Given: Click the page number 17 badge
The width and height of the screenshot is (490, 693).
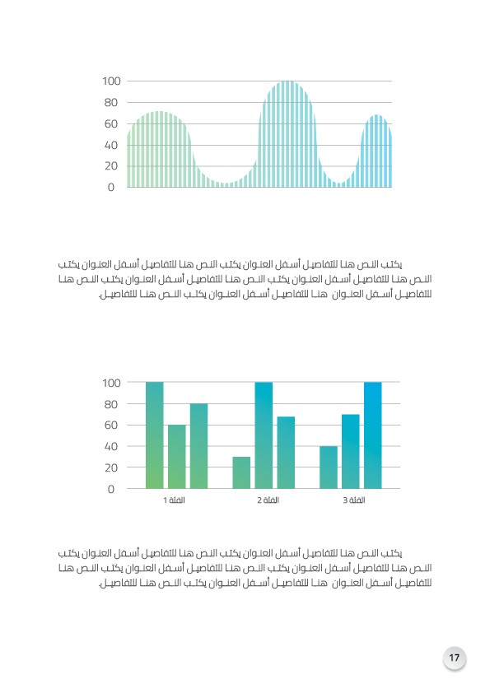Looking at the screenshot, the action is pyautogui.click(x=455, y=658).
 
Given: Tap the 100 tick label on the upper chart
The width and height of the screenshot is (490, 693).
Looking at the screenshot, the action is pyautogui.click(x=111, y=81).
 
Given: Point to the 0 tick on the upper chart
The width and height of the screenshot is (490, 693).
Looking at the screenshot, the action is pyautogui.click(x=111, y=188).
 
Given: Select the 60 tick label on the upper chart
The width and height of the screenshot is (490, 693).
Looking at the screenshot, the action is pyautogui.click(x=111, y=123).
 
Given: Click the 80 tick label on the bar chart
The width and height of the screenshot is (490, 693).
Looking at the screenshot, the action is pyautogui.click(x=111, y=404).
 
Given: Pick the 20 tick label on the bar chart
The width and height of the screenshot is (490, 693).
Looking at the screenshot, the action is pyautogui.click(x=111, y=467).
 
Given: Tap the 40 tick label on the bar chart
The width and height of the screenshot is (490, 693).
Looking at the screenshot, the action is pyautogui.click(x=111, y=446).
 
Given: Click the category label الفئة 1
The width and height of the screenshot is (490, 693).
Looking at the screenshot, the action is pyautogui.click(x=175, y=500).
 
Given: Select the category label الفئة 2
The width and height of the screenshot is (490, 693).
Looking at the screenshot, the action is pyautogui.click(x=268, y=500).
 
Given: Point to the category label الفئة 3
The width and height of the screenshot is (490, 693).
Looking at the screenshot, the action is pyautogui.click(x=354, y=500).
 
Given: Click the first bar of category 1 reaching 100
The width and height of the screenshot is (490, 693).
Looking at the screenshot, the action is pyautogui.click(x=154, y=435).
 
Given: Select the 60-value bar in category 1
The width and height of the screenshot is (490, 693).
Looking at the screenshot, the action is pyautogui.click(x=177, y=457).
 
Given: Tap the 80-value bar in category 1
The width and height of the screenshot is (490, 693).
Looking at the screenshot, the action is pyautogui.click(x=199, y=446).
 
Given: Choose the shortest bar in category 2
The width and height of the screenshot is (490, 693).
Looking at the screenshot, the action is pyautogui.click(x=241, y=472).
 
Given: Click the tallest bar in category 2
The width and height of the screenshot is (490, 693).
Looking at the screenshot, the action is pyautogui.click(x=264, y=435).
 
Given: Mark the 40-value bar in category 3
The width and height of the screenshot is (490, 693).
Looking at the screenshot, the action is pyautogui.click(x=329, y=467).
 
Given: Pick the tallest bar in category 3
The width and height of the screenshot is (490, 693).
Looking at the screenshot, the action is pyautogui.click(x=373, y=435).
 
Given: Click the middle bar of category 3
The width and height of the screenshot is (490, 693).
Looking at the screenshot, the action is pyautogui.click(x=351, y=451).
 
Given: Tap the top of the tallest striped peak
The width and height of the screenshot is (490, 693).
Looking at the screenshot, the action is pyautogui.click(x=287, y=81).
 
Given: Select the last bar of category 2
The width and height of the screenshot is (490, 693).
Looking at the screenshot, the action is pyautogui.click(x=286, y=453).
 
